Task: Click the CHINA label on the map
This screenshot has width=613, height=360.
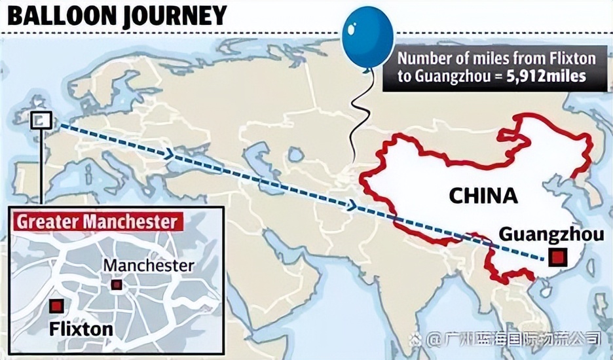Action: [483, 194]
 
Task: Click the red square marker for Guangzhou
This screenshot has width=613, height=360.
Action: [557, 257]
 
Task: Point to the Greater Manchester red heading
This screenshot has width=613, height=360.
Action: [96, 222]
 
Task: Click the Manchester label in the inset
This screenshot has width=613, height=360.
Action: [149, 266]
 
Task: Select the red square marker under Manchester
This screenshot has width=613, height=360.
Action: [117, 284]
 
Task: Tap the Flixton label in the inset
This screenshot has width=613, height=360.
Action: [81, 328]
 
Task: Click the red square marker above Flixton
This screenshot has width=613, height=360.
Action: [56, 306]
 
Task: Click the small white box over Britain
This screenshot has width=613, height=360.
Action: [41, 119]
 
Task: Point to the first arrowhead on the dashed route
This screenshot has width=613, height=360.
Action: [171, 155]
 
